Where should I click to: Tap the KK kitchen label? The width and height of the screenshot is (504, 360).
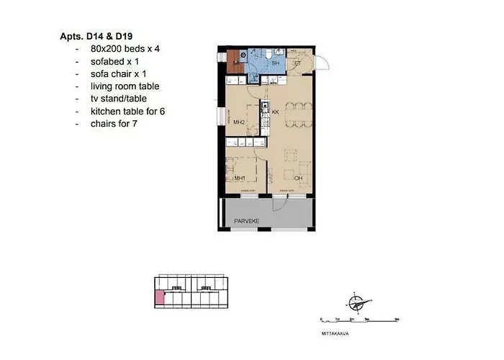(x=275, y=112)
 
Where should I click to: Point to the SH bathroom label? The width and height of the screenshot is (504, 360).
(x=275, y=63)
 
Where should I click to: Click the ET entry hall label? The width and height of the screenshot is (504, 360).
(x=297, y=63)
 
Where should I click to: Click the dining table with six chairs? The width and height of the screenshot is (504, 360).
(x=297, y=114)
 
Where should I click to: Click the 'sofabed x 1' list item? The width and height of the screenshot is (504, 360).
(x=113, y=60)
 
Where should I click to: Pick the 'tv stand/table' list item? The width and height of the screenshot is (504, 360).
(x=119, y=99)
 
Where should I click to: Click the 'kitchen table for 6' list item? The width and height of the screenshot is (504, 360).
(x=128, y=112)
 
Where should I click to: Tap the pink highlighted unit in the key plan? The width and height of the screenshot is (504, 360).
(x=159, y=298)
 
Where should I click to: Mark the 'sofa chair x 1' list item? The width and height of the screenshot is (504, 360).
(x=118, y=73)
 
